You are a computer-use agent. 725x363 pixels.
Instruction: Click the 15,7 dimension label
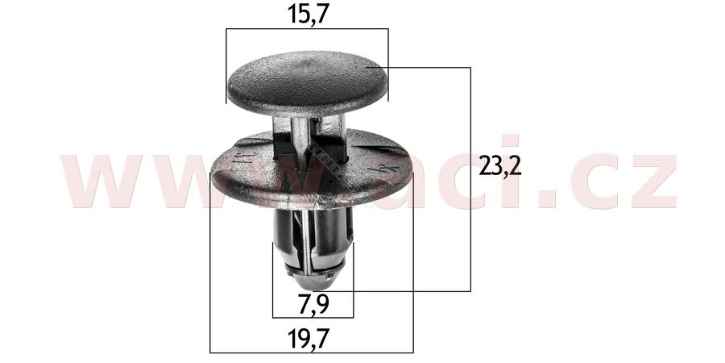click(308, 15)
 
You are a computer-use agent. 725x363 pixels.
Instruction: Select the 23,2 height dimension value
click(499, 165)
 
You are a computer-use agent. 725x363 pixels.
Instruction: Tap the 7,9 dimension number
click(313, 305)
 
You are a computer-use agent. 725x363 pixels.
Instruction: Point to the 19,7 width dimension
click(308, 340)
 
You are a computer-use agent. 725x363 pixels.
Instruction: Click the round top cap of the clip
click(307, 83)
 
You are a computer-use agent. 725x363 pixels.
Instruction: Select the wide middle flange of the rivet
click(312, 169)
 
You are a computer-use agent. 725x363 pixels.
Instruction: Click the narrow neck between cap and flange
click(309, 133)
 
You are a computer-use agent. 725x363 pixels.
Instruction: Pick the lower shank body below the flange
click(313, 240)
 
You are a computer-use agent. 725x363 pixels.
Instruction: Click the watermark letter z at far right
click(653, 181)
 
